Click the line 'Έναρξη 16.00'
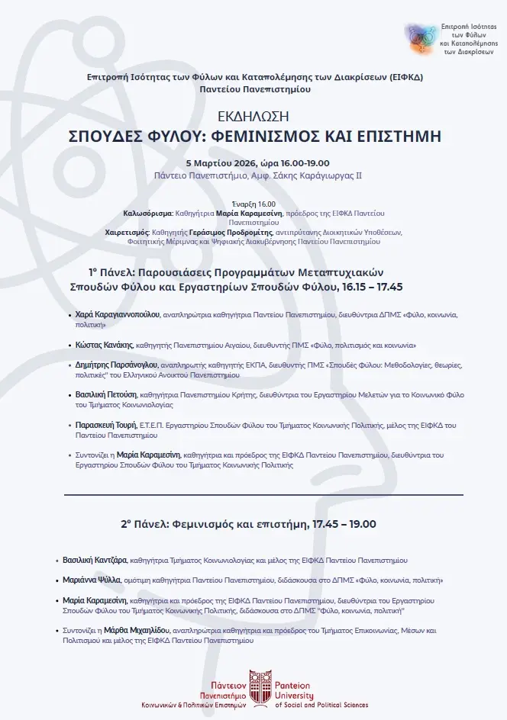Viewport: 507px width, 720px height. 253,204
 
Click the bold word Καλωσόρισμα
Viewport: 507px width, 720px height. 148,213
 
